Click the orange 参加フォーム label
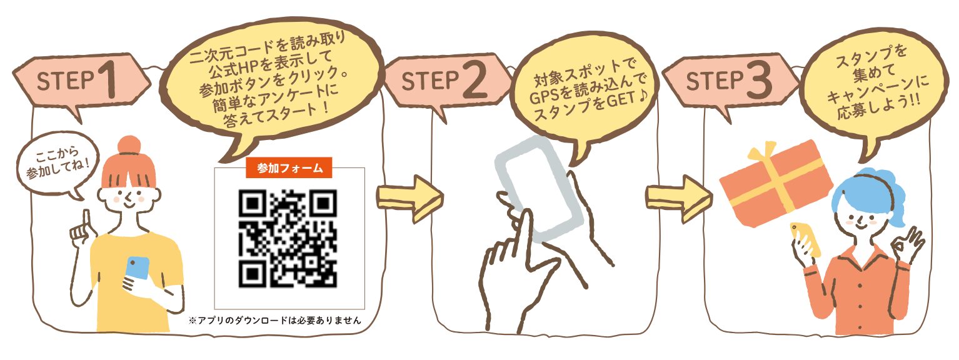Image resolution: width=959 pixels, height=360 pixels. [x=289, y=167]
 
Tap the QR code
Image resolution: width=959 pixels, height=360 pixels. [x=288, y=238]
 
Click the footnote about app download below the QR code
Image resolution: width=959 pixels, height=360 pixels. [x=275, y=320]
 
